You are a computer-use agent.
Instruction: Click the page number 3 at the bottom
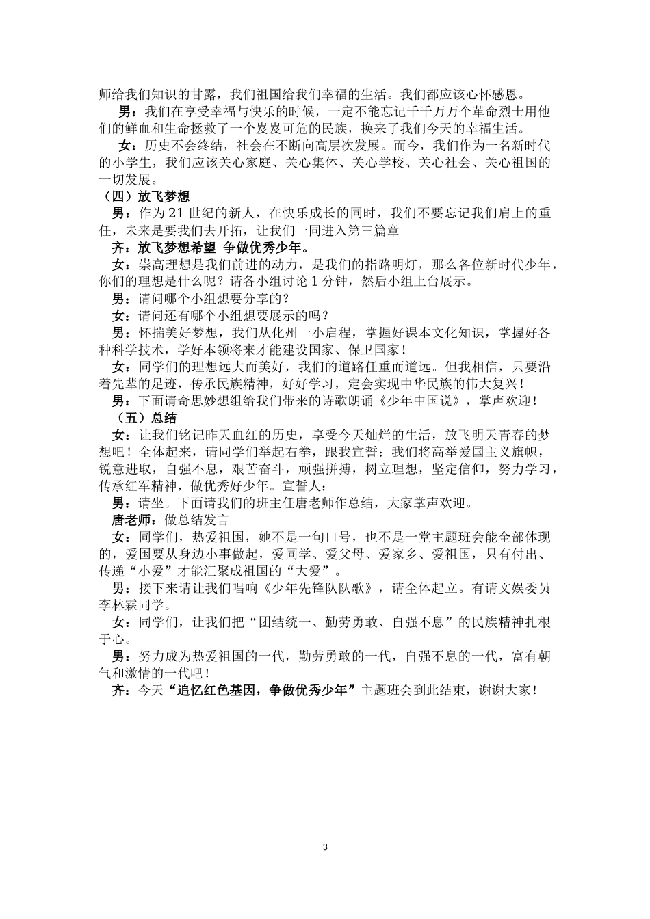pos(325,847)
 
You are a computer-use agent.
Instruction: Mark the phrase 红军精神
pos(140,486)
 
